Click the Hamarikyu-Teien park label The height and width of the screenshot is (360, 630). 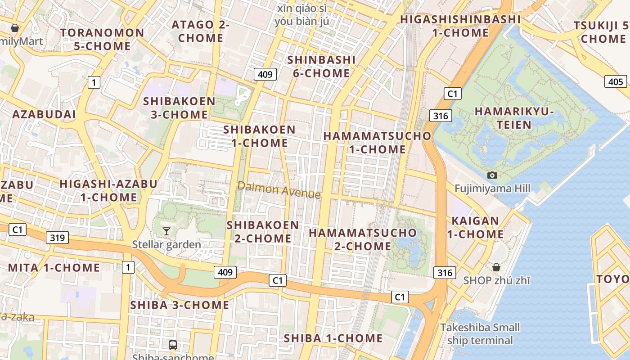[514, 117]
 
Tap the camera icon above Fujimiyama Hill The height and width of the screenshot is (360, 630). [492, 175]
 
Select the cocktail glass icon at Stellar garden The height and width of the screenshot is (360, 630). [166, 231]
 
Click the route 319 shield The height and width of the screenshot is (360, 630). [58, 238]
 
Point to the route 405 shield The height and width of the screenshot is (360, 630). [615, 81]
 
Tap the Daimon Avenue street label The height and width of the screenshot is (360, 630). [279, 190]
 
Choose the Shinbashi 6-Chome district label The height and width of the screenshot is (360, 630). [321, 66]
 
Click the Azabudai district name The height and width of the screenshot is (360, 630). [44, 114]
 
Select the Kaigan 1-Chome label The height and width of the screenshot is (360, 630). [475, 227]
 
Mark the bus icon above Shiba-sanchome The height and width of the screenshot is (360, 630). [172, 345]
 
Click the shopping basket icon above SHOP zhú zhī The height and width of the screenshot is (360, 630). [496, 267]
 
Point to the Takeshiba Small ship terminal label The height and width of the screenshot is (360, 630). [480, 333]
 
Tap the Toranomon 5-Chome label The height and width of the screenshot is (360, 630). [102, 39]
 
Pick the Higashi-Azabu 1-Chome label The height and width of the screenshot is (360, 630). [108, 190]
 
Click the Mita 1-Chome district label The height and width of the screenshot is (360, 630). [54, 268]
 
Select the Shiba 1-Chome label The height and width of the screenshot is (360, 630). [333, 338]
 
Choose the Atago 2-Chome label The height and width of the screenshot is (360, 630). [201, 31]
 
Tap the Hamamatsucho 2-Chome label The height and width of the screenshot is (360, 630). [363, 239]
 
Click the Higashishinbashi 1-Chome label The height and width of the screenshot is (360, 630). [460, 26]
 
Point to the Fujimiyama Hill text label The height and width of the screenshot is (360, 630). [492, 188]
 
